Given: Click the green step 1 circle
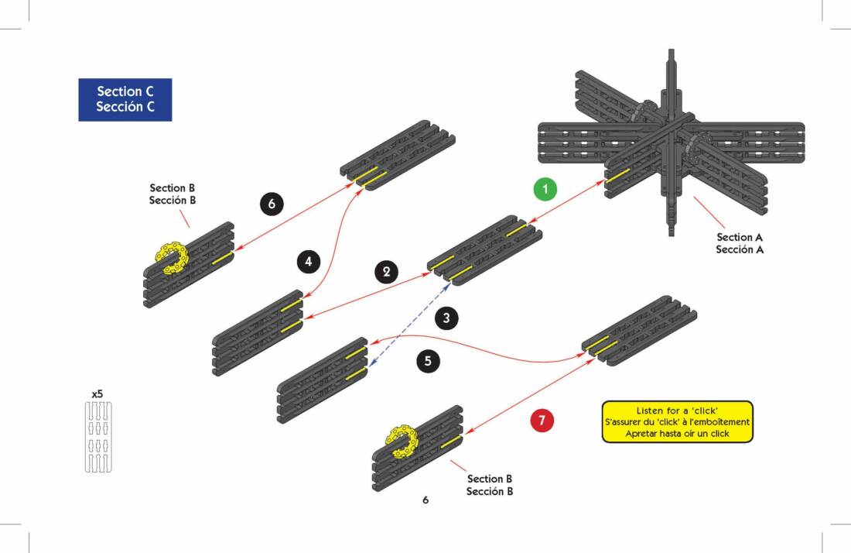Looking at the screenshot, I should pos(546,189).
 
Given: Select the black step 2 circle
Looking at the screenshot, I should pos(386,272).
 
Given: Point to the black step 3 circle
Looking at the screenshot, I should pos(446,317).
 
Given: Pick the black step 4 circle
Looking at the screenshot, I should pos(309,262).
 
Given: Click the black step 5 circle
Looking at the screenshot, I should pos(429,360).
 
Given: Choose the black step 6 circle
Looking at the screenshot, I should pos(272,204).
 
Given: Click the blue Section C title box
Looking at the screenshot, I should pos(125,99).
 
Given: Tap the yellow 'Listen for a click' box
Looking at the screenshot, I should pos(677,421).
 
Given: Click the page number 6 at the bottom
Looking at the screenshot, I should pos(425,500).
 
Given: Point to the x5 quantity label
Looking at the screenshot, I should pos(97,393).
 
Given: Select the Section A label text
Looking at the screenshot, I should pos(740,243).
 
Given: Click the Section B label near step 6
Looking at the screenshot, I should pos(173,194).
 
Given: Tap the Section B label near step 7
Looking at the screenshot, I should pos(490,485).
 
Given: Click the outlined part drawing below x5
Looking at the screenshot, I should pos(97,437).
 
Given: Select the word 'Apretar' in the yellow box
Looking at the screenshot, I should pos(641,434).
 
